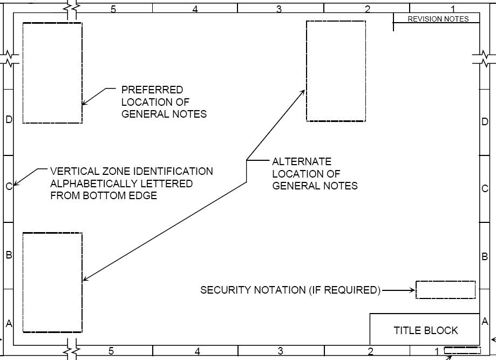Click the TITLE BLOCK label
tap(425, 330)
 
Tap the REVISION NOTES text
tap(438, 19)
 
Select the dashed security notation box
tap(445, 290)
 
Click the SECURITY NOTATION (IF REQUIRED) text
tap(290, 290)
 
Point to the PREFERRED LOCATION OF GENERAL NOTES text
tap(164, 101)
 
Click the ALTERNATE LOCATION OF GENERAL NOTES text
tap(315, 173)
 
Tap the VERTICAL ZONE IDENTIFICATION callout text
tap(131, 183)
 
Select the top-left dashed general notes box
tap(52, 73)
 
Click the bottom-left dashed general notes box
tap(52, 282)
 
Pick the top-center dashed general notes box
tap(336, 71)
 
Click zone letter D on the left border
tap(9, 119)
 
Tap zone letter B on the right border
tap(485, 257)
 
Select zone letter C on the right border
tap(485, 188)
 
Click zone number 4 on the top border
tap(195, 9)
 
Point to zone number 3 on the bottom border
tap(280, 351)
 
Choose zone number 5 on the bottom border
tap(111, 351)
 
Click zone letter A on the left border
tap(9, 323)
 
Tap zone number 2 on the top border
tap(368, 9)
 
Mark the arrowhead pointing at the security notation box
tap(412, 290)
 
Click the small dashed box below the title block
tap(462, 350)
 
